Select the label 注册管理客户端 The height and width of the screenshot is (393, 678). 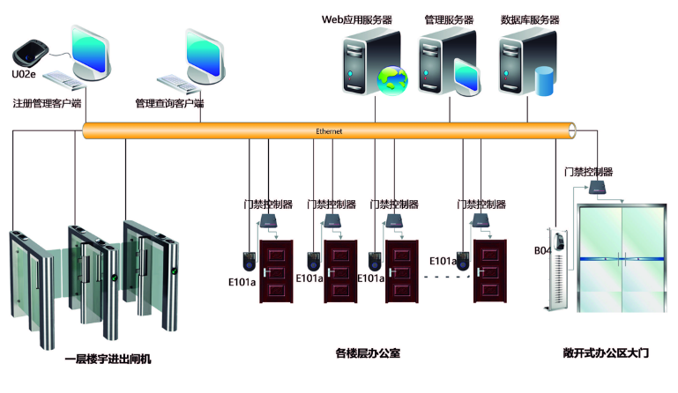(47, 104)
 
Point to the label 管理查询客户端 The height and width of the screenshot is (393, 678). (169, 104)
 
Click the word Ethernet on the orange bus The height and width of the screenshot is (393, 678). (329, 131)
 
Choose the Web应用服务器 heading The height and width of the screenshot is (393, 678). (356, 19)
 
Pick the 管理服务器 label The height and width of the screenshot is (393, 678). (449, 19)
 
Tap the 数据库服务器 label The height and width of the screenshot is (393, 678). (530, 19)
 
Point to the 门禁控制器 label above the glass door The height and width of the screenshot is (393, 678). (588, 172)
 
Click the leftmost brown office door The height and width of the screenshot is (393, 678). (276, 271)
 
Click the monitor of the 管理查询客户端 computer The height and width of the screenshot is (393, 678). (201, 54)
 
